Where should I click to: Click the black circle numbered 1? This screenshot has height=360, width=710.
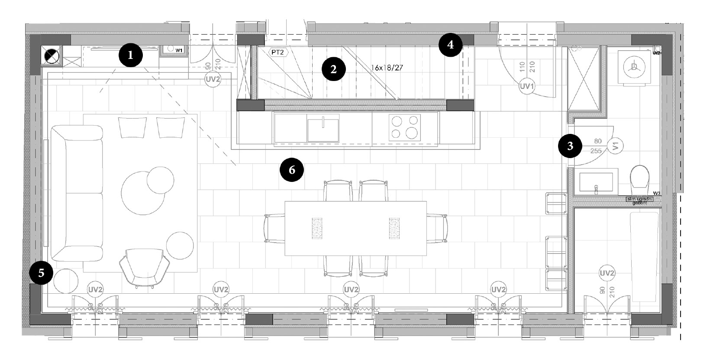click(131, 55)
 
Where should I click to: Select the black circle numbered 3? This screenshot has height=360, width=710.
click(570, 146)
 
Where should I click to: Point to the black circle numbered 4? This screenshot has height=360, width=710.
click(451, 45)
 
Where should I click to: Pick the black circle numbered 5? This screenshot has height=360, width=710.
click(41, 273)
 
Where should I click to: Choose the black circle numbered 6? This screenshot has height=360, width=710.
click(292, 169)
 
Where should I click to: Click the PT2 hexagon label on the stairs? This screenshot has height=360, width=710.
click(278, 52)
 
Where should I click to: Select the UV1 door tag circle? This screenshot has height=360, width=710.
click(527, 86)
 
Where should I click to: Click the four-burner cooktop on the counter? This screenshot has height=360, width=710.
click(404, 126)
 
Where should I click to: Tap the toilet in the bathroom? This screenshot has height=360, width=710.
click(640, 179)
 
